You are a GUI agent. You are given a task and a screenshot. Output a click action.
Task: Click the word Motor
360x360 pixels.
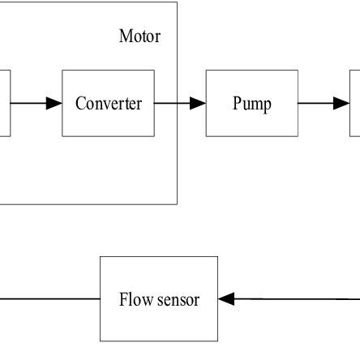coord(139,36)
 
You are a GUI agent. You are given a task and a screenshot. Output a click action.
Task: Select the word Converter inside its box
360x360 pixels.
coord(108,104)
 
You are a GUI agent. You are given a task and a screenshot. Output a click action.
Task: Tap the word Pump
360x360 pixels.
coord(251,104)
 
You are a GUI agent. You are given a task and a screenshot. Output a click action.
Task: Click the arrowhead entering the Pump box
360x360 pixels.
coord(198,103)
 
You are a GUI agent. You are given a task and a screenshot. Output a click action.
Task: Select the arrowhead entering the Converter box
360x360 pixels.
coord(54,103)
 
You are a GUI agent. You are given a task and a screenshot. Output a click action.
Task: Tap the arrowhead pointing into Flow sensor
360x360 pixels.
coord(227,299)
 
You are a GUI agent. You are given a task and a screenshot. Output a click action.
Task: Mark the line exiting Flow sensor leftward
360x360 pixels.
coord(49,299)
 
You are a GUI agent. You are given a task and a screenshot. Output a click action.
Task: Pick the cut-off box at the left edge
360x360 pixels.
coord(4,103)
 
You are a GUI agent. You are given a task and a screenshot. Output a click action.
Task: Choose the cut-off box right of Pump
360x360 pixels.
coord(355,103)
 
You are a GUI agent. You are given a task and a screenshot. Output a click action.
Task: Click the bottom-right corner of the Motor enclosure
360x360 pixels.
coord(177,204)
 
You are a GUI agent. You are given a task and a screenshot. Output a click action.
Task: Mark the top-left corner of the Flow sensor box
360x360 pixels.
coord(100,257)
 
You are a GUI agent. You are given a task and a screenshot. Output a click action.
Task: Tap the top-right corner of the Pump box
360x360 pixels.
coord(298,71)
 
